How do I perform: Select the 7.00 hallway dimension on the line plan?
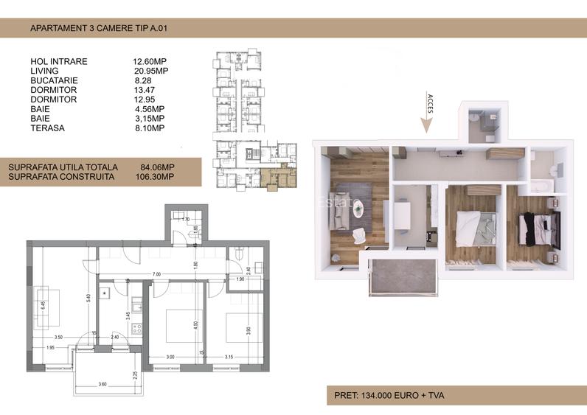click(157, 274)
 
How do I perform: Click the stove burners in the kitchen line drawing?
click(136, 329)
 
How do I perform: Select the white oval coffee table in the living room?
click(359, 210)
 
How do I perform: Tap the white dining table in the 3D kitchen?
click(403, 217)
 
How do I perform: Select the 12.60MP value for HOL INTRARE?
click(149, 61)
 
